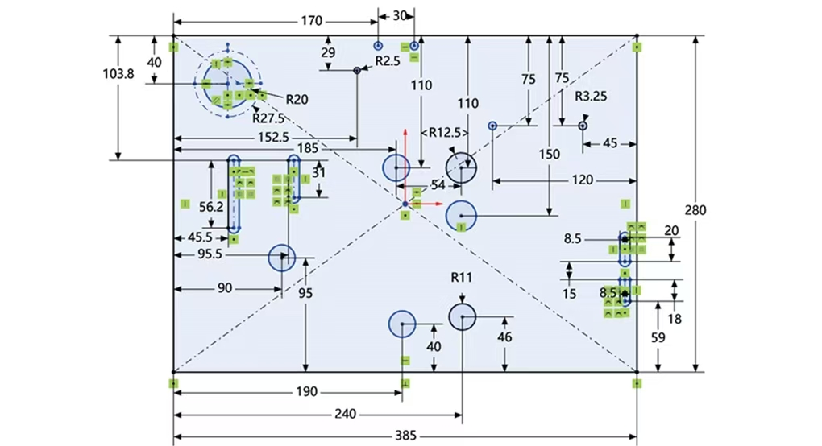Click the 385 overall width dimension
point(405,436)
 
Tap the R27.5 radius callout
point(268,118)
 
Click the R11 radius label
point(461,277)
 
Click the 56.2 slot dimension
point(210,206)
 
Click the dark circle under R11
point(462,317)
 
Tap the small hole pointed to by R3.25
point(583,125)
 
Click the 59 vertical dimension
point(658,339)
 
